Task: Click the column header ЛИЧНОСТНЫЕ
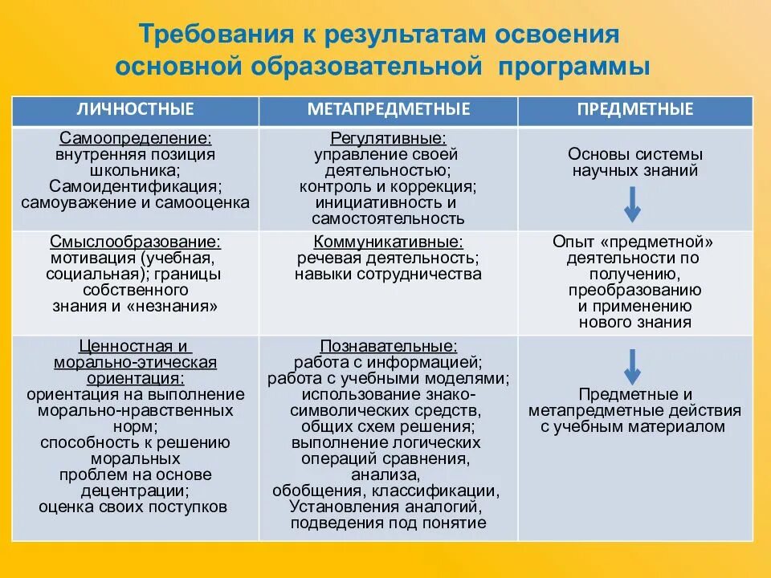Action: coord(135,109)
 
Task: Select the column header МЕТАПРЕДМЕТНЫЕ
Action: coord(388,109)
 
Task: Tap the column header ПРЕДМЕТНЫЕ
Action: coord(634,109)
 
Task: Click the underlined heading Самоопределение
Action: coord(135,139)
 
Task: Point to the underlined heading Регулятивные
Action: coord(388,139)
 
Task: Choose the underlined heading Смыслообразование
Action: coord(135,241)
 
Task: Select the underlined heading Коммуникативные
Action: coord(388,241)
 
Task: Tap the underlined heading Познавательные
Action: coord(388,346)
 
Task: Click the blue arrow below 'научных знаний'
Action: coord(632,204)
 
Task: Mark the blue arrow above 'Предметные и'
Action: coord(632,367)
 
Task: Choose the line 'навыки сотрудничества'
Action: coord(388,274)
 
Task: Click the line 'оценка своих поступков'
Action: coord(133,507)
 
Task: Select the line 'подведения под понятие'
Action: coord(388,523)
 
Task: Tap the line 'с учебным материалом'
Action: coord(633,427)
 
